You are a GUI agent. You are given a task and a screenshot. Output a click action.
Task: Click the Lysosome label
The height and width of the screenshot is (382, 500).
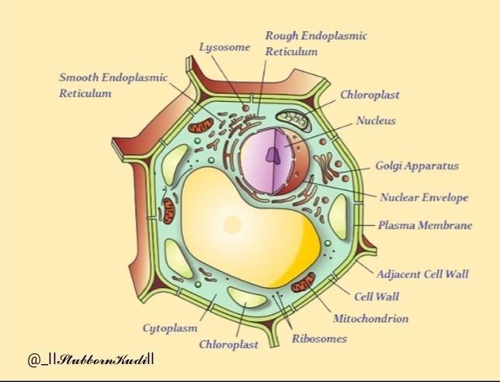click(x=224, y=47)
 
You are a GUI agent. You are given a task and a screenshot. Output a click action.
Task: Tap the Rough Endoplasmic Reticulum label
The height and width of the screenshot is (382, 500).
click(x=315, y=43)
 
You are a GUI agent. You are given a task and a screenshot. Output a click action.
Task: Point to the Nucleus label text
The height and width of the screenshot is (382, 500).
click(x=376, y=120)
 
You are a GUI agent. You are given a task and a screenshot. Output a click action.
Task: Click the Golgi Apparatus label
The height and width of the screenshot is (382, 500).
click(x=417, y=165)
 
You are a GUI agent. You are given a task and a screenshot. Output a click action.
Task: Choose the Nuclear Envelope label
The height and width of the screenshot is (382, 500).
click(x=424, y=197)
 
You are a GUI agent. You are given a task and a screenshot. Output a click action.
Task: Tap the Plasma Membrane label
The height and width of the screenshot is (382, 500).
click(x=425, y=226)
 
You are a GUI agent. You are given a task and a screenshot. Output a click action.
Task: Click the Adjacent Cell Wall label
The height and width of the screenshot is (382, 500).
click(x=422, y=274)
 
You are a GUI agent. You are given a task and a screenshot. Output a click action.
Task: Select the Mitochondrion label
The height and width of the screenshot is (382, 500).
click(x=370, y=318)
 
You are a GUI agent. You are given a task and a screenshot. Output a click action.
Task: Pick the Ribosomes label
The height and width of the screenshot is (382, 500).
click(x=319, y=339)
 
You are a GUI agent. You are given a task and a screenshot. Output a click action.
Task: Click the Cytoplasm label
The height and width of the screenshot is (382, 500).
click(x=169, y=328)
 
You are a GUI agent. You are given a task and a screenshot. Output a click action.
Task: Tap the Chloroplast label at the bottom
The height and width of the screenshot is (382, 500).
click(x=228, y=344)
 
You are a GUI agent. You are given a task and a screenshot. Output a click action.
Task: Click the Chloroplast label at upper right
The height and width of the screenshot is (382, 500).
click(x=370, y=95)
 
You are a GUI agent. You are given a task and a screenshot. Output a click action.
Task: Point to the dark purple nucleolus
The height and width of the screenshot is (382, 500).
click(x=273, y=155)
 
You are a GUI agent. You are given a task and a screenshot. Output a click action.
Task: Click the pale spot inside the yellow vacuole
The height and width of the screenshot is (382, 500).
click(x=232, y=224)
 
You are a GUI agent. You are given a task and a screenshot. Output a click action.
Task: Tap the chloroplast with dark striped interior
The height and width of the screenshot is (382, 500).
click(x=295, y=119)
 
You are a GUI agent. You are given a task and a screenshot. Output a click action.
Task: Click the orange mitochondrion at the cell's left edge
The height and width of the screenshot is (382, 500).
click(x=168, y=210)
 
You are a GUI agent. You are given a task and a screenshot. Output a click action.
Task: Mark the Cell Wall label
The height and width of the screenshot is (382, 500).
click(x=377, y=297)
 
